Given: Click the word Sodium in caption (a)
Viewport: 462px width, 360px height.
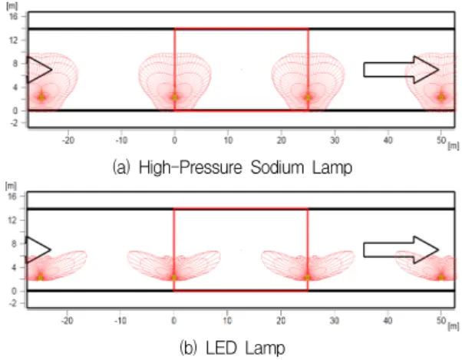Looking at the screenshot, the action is click(278, 167).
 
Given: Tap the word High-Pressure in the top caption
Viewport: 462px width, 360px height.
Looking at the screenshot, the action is click(190, 168).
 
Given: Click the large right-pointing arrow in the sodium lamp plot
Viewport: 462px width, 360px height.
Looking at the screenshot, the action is click(401, 70).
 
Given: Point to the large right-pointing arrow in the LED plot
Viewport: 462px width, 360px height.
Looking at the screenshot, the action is click(401, 249).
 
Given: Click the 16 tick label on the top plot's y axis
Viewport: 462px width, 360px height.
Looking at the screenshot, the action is click(13, 16).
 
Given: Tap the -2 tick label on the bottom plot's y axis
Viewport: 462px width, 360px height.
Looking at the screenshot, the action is click(13, 303).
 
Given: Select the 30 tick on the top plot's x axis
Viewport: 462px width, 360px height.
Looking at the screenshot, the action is click(335, 140).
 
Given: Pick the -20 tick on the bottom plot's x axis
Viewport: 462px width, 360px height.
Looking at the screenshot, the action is click(68, 320).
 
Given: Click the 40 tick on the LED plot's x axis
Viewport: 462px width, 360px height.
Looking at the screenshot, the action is click(388, 320).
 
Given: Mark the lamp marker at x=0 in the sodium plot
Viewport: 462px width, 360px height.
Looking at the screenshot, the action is click(175, 97).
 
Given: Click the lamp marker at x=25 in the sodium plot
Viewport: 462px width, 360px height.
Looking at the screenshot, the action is click(309, 97).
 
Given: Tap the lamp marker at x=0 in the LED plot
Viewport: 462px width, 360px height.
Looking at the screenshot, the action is click(174, 278).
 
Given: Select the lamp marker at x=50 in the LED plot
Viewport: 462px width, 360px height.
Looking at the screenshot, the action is click(441, 278).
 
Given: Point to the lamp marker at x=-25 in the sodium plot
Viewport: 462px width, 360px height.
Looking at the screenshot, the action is click(41, 97).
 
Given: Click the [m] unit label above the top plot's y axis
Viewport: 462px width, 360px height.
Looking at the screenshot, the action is click(12, 6).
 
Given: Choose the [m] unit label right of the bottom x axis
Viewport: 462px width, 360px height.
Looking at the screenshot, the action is click(454, 325).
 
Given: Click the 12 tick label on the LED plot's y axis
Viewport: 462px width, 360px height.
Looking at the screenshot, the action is click(13, 220).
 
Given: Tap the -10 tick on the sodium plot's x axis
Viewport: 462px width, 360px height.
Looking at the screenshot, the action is click(121, 140).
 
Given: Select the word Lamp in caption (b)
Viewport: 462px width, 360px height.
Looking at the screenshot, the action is click(266, 348).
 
